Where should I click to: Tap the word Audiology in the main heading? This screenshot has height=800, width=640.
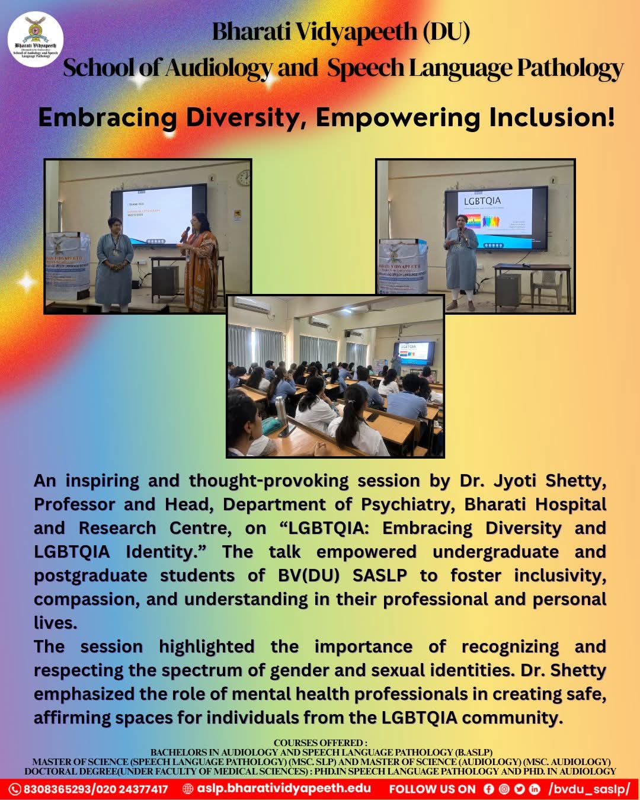tap(217, 68)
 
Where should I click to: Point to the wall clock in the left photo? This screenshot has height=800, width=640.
tap(244, 177)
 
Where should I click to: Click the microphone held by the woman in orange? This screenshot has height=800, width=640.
tap(185, 233)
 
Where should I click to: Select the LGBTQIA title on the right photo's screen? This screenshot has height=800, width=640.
tap(482, 201)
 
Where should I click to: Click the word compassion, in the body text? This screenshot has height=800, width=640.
tap(87, 599)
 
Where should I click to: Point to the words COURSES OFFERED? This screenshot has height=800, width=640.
tap(320, 743)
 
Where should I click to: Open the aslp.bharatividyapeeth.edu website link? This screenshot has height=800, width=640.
tap(283, 789)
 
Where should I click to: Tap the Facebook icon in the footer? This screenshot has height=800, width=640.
tap(488, 789)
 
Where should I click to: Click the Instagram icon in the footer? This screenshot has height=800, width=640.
tap(504, 789)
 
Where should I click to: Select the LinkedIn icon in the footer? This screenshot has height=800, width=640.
tap(535, 789)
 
